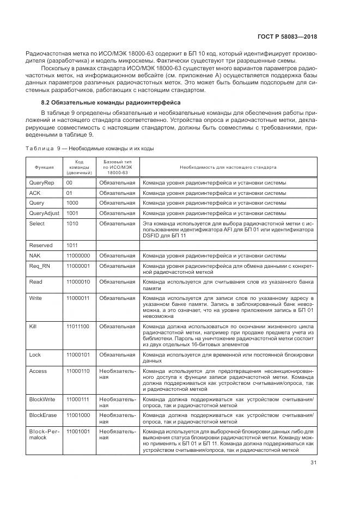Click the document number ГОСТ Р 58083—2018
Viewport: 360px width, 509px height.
tap(286, 36)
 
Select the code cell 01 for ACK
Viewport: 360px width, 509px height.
tap(69, 193)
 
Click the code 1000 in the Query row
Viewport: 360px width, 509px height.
tap(72, 203)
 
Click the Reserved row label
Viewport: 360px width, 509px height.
tap(41, 245)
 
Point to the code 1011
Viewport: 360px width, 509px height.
tap(72, 245)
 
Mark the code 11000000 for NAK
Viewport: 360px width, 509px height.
tap(78, 255)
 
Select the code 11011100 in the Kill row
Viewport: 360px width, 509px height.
tap(78, 326)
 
